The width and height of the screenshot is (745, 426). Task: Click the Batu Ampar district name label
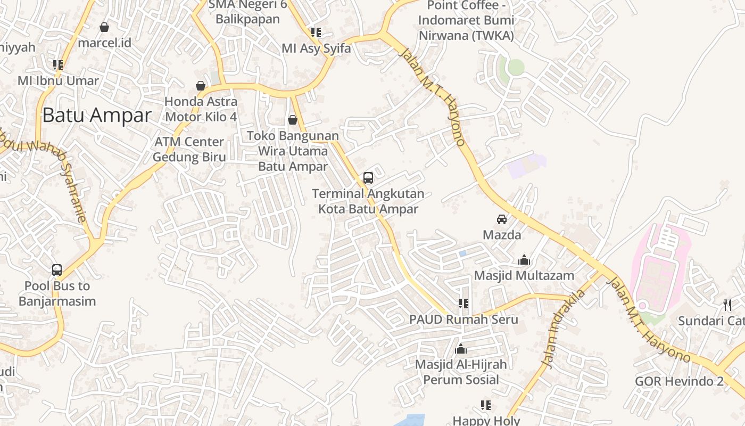click(97, 115)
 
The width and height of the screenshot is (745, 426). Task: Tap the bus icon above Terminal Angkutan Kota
click(368, 178)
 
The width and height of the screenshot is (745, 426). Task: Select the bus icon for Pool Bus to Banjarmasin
click(57, 270)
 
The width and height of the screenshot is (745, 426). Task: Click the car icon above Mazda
click(502, 219)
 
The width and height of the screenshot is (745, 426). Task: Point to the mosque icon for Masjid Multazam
click(524, 260)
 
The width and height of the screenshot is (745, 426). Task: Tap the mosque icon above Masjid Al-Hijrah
click(461, 349)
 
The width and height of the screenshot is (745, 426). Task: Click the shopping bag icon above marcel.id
click(104, 27)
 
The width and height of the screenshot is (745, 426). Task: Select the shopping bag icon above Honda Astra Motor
click(201, 86)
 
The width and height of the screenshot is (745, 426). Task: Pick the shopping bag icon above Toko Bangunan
click(293, 120)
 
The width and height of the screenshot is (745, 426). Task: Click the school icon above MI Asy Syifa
click(316, 32)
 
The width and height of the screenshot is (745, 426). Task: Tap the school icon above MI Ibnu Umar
click(58, 65)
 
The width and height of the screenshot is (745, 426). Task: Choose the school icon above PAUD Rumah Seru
click(463, 304)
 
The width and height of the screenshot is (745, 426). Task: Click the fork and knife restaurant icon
click(727, 305)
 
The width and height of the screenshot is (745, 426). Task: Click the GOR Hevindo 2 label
click(679, 381)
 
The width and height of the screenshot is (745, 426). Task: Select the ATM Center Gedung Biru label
click(189, 150)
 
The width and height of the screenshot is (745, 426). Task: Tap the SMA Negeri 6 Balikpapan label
click(247, 12)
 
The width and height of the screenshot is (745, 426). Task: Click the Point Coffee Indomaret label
click(466, 21)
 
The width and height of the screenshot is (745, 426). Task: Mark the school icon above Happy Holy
click(485, 405)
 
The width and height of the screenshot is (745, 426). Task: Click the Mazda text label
click(502, 234)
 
